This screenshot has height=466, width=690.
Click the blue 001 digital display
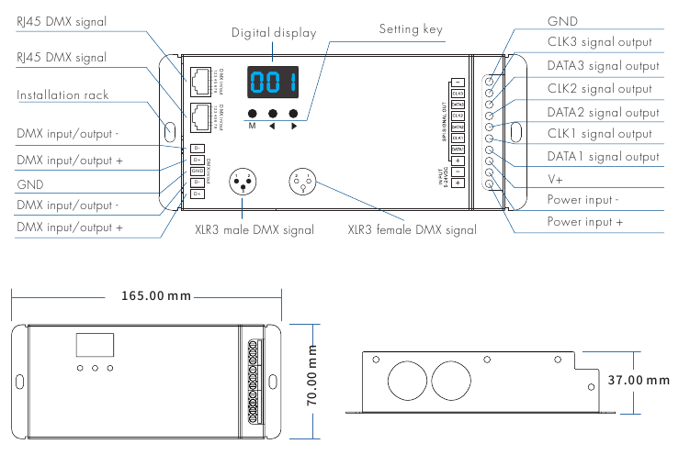click(273, 83)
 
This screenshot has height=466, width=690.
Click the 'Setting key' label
click(411, 29)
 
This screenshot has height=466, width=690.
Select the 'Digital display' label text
click(274, 33)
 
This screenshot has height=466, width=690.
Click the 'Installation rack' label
click(62, 95)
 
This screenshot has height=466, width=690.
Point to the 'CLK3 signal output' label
click(599, 41)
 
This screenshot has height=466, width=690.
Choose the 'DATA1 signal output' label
click(604, 157)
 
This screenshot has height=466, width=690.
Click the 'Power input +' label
click(585, 222)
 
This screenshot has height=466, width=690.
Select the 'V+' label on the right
click(556, 178)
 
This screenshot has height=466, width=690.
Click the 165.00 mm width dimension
click(156, 296)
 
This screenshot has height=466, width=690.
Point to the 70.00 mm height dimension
click(311, 375)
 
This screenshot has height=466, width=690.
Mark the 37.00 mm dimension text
click(639, 380)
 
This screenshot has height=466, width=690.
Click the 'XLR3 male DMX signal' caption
click(255, 229)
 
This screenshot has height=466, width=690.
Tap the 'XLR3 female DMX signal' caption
click(412, 229)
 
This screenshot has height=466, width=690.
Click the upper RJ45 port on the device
click(200, 78)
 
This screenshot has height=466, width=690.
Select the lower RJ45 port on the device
click(200, 116)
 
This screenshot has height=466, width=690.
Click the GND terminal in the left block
click(197, 171)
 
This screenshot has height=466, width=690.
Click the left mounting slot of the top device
click(170, 129)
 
